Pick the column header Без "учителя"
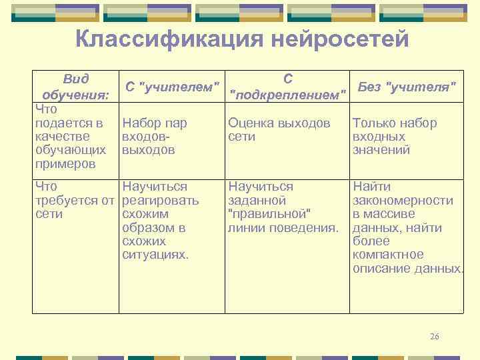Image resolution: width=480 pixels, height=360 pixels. (x=407, y=87)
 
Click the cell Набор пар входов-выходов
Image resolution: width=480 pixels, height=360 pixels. (x=155, y=137)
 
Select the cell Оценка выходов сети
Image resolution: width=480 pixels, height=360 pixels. (x=279, y=130)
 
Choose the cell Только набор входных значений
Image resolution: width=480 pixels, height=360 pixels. (x=395, y=137)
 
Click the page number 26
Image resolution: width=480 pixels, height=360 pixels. (x=435, y=336)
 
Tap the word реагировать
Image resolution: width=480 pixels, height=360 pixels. (x=161, y=200)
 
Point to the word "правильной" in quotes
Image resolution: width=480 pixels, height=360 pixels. (x=270, y=214)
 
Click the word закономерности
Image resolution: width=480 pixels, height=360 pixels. (x=403, y=200)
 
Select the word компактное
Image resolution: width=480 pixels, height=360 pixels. (x=388, y=255)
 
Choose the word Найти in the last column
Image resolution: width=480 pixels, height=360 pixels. (x=371, y=187)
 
